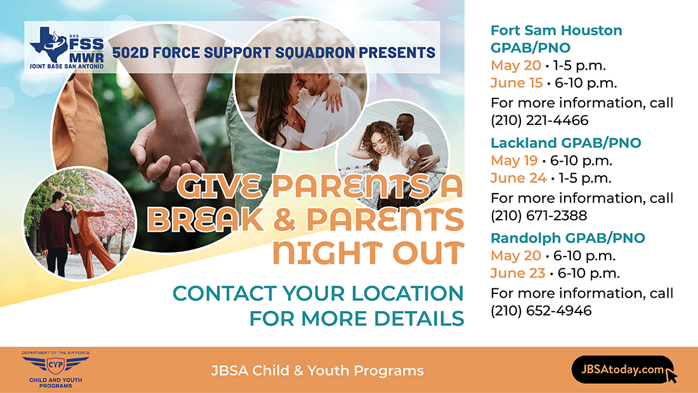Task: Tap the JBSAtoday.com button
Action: coord(622,370)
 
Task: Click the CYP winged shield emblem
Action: coord(56,365)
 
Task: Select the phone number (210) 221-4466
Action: coord(539,120)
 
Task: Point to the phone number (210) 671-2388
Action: coord(539,216)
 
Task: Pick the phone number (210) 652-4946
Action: coord(541,310)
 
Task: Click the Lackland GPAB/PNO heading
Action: coord(566,143)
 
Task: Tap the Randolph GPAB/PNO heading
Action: coord(567,238)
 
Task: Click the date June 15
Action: coord(517,83)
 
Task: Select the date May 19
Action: coord(514,161)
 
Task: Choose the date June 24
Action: coord(518,178)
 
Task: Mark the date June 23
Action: coord(518,273)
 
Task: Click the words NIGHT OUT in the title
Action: coord(368,253)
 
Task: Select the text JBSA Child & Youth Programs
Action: coord(317,371)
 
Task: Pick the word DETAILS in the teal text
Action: coord(419,319)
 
